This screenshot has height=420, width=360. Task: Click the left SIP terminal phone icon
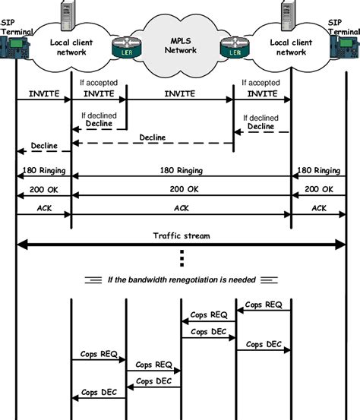(x=13, y=49)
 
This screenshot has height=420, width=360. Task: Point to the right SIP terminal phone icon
(x=346, y=49)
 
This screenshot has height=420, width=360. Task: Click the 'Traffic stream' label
(x=180, y=236)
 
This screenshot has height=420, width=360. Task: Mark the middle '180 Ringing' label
(x=180, y=171)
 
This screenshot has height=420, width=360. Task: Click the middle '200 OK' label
(x=180, y=189)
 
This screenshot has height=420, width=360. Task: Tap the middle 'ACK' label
(x=180, y=207)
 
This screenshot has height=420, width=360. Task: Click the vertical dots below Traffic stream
(x=181, y=259)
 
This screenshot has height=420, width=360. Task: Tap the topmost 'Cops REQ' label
(x=264, y=305)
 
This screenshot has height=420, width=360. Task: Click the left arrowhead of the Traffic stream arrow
(x=21, y=245)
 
